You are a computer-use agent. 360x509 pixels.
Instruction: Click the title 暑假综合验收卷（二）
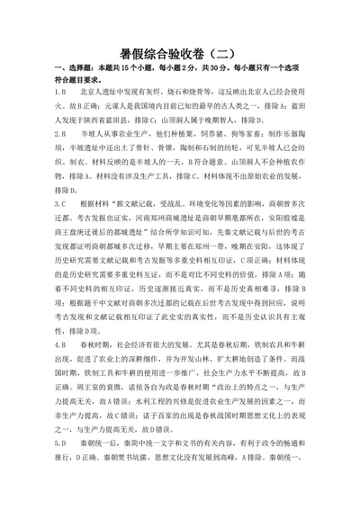click(180, 53)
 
